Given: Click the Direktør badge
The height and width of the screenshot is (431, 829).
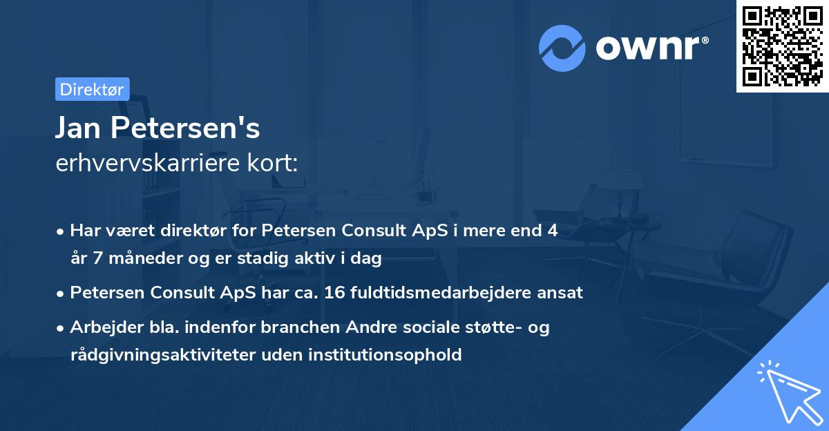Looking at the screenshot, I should (92, 89).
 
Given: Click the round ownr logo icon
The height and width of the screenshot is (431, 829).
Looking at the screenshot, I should (562, 48).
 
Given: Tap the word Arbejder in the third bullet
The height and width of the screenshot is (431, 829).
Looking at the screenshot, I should (100, 327).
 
